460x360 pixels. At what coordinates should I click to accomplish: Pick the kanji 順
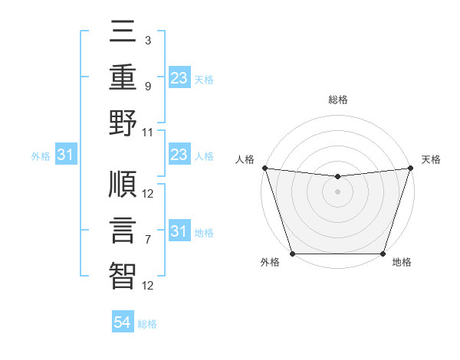coord(123,185)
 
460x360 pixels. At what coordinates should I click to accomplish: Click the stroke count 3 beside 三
coord(147,39)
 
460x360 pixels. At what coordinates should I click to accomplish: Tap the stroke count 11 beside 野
coord(148,132)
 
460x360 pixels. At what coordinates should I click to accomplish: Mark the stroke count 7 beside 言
coord(147,240)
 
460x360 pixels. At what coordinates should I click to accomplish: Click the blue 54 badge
coord(123,322)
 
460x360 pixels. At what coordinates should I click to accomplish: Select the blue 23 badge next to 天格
coord(179,77)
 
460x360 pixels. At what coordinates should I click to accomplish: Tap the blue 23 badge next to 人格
coord(179,155)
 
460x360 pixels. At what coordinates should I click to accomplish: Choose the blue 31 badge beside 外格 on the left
coord(65,155)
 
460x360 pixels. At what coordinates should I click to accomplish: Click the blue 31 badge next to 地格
coord(179,231)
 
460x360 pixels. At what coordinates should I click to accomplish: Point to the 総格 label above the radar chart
coord(337,100)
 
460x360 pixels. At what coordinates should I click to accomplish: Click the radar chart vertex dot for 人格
coord(264,168)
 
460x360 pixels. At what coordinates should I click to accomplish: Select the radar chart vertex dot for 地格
coord(383,254)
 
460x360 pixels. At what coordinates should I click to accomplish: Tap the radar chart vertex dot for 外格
coord(292,254)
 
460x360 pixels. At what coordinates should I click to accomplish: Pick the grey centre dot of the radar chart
coord(337,191)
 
